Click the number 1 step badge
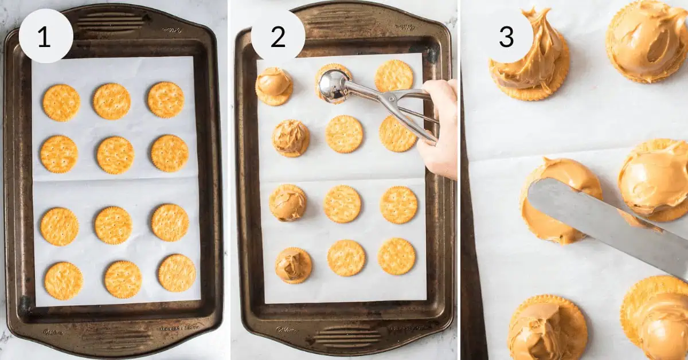point(46,36)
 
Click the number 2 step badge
point(278,36)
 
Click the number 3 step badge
point(506,36)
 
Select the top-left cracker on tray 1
point(61,103)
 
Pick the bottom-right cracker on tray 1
point(177,273)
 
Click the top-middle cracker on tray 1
point(112,101)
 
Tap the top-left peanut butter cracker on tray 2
point(274,85)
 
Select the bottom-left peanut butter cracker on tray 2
point(294,265)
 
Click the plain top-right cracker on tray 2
point(394,76)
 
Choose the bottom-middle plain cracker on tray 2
point(346,258)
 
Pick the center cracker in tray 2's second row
point(344,134)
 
